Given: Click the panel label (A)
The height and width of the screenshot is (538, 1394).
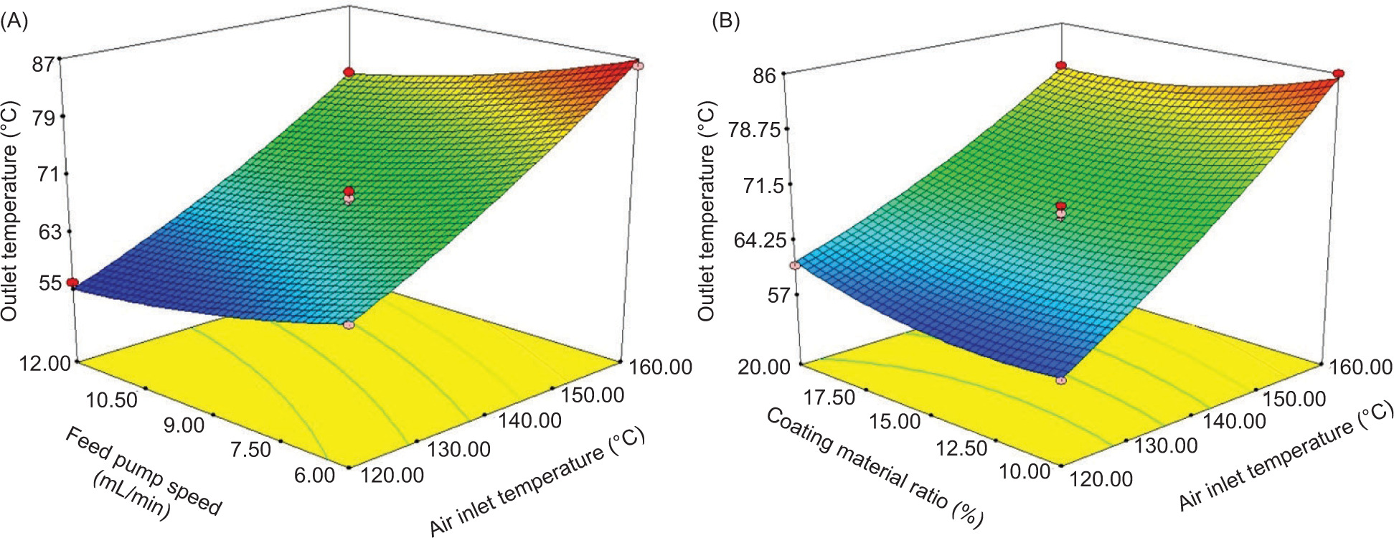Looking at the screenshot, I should click(15, 22).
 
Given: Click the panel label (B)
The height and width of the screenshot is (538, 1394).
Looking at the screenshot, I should click(725, 22).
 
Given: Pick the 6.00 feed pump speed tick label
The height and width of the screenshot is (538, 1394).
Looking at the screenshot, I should click(315, 476).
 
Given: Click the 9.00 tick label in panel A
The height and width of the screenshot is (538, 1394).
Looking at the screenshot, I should click(184, 425).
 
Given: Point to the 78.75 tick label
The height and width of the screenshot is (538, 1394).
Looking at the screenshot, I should click(753, 129).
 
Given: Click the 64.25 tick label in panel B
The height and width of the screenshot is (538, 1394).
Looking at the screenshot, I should click(753, 240).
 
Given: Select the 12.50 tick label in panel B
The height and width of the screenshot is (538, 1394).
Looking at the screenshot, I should click(961, 448).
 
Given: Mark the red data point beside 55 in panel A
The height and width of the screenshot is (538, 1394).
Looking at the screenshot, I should click(72, 283).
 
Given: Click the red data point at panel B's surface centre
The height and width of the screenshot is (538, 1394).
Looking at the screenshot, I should click(1061, 207).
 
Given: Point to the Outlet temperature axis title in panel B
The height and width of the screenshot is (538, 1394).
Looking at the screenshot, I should click(707, 212).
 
